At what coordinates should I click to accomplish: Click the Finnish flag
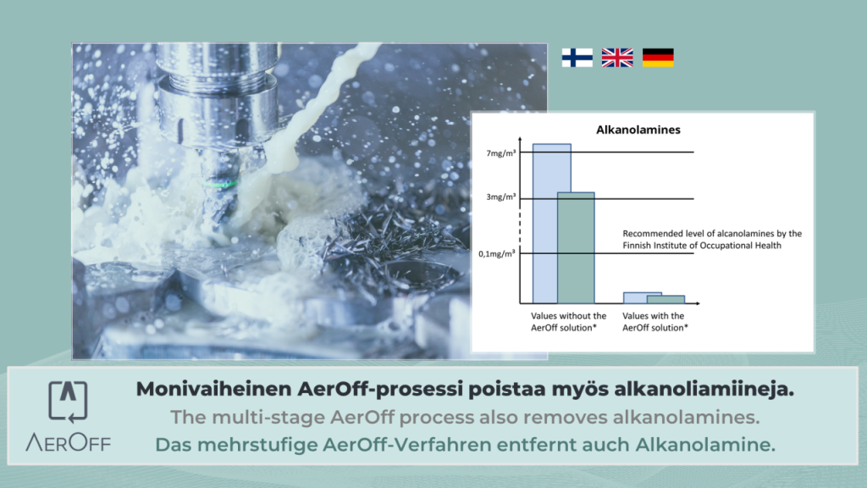click(x=577, y=58)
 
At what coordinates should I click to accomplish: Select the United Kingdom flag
click(x=617, y=58)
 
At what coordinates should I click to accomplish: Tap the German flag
click(x=658, y=58)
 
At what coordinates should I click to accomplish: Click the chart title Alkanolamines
click(x=638, y=130)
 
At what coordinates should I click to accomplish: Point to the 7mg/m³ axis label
click(x=501, y=153)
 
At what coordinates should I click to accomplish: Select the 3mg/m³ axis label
click(x=501, y=197)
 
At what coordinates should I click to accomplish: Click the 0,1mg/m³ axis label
click(x=496, y=254)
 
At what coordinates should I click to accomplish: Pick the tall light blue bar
click(x=545, y=224)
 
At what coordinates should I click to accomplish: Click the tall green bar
click(x=576, y=248)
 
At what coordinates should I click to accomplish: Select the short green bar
click(x=665, y=299)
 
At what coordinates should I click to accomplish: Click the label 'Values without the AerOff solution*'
click(x=568, y=321)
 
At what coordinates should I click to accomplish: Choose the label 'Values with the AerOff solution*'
click(x=655, y=321)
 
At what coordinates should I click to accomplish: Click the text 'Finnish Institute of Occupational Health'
click(x=702, y=246)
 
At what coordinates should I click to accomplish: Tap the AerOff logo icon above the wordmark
click(x=68, y=401)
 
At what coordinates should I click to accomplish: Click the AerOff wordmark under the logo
click(x=68, y=442)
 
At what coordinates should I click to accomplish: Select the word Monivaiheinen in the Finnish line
click(x=214, y=389)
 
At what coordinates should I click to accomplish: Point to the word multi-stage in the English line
click(x=268, y=418)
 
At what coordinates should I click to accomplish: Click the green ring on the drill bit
click(x=220, y=184)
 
